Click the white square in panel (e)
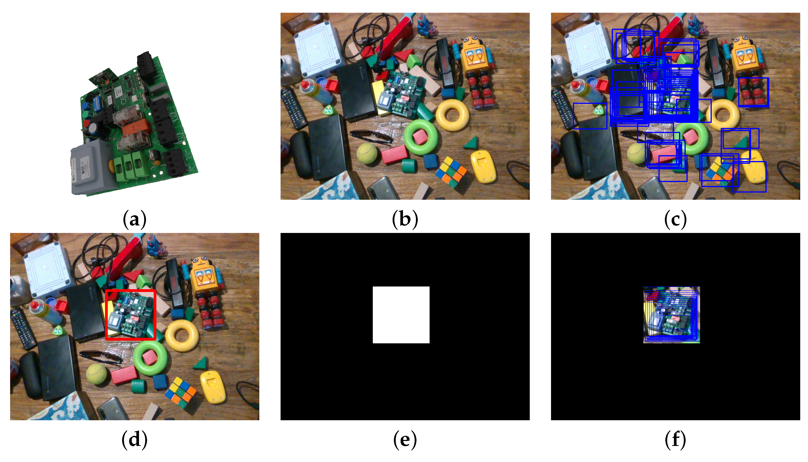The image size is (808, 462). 401,315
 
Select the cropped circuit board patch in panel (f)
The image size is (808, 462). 671,315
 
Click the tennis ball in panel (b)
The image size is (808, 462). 367,154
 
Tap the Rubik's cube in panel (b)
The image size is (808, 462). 451,172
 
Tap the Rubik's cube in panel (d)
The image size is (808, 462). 180,392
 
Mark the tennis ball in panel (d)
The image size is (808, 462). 96,374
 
